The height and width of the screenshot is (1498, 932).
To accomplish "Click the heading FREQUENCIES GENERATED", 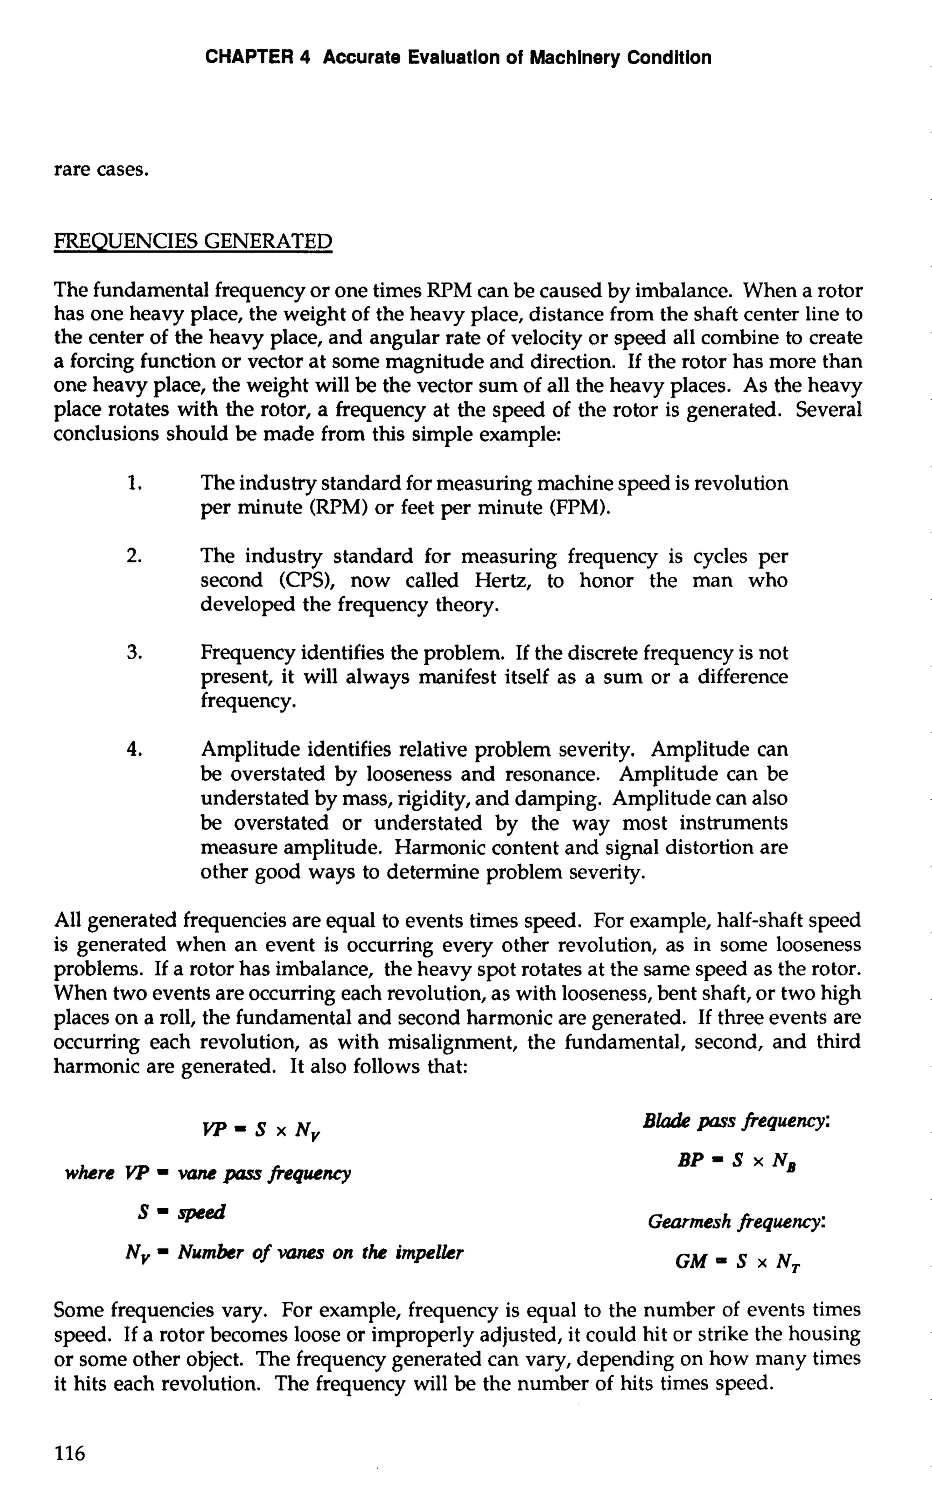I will [193, 241].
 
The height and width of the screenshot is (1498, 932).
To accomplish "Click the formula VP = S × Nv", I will [261, 1130].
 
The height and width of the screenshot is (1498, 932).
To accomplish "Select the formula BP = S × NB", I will [737, 1161].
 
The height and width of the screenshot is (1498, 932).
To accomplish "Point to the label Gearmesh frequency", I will [736, 1222].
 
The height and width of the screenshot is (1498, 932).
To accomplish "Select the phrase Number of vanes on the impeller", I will [320, 1253].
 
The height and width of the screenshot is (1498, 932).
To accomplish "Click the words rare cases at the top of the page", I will [101, 170].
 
